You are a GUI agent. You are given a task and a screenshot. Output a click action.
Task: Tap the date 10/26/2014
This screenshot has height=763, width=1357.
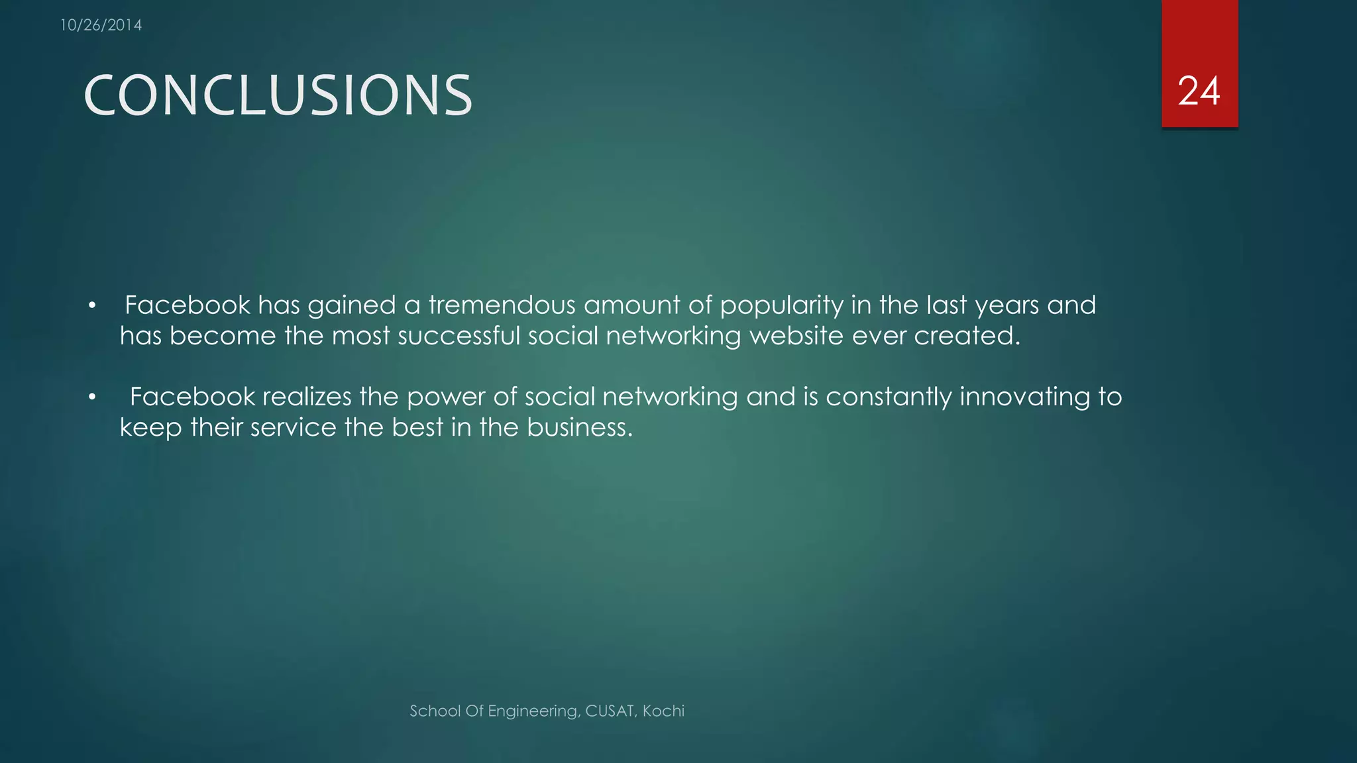(x=101, y=25)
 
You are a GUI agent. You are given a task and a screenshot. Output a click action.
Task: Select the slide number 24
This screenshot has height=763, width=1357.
(x=1199, y=91)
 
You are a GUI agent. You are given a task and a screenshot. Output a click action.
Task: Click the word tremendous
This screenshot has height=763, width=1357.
(x=502, y=305)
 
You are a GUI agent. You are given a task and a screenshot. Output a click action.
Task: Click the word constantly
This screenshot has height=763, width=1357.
(x=888, y=397)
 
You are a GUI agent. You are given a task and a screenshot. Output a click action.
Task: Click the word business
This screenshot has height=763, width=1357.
(x=580, y=427)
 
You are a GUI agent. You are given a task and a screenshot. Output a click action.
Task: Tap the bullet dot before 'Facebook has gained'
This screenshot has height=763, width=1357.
(x=93, y=306)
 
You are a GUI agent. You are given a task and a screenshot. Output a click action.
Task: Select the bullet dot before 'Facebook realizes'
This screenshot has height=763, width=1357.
(x=93, y=397)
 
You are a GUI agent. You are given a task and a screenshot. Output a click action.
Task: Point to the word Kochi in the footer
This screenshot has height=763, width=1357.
(x=663, y=711)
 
